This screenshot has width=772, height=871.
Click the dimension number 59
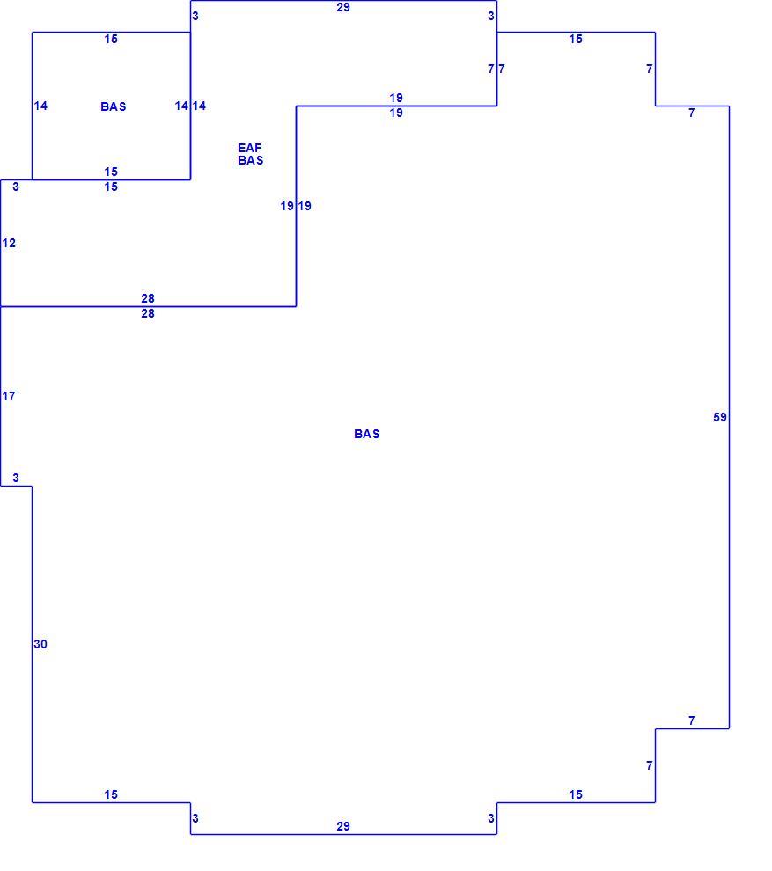pos(720,417)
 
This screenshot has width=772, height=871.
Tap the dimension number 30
pos(40,644)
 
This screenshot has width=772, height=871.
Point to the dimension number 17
pos(9,396)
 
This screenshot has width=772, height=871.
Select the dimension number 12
pos(9,243)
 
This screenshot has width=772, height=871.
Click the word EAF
pos(249,148)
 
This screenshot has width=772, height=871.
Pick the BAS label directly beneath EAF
pos(251,160)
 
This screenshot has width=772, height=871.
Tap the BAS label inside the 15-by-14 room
pos(114,106)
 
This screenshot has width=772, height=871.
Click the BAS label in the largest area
pos(367,434)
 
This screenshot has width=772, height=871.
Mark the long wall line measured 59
pos(729,417)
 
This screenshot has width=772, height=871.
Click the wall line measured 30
pos(33,644)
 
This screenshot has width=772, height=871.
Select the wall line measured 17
pos(1,396)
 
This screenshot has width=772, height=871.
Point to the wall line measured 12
pos(1,243)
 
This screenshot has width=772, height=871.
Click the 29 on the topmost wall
pos(343,7)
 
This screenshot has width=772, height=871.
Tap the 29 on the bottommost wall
pos(343,826)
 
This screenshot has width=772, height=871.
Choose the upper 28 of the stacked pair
pos(148,298)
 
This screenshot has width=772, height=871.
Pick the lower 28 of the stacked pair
pos(148,313)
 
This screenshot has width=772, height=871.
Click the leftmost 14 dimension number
pos(40,106)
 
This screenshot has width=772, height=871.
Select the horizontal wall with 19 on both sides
pos(396,106)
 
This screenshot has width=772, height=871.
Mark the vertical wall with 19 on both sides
pos(297,206)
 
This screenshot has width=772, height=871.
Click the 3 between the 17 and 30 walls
pos(16,478)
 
